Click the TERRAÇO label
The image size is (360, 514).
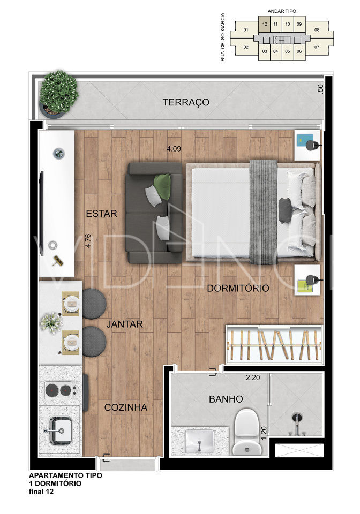186,102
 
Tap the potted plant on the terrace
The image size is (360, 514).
58,94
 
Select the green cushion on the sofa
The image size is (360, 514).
163,186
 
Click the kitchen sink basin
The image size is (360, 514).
59,430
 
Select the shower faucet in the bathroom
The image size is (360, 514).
297,425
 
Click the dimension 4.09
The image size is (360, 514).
174,148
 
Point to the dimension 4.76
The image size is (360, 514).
87,240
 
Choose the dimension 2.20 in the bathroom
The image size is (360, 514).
253,377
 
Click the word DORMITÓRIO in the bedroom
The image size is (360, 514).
238,289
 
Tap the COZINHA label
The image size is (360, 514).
125,407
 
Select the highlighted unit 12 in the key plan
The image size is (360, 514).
265,24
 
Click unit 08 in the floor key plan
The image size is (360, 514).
317,30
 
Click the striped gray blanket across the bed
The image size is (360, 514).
263,212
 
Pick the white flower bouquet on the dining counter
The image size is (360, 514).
51,323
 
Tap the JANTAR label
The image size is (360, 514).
125,324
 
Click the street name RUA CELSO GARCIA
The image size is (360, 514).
223,37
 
